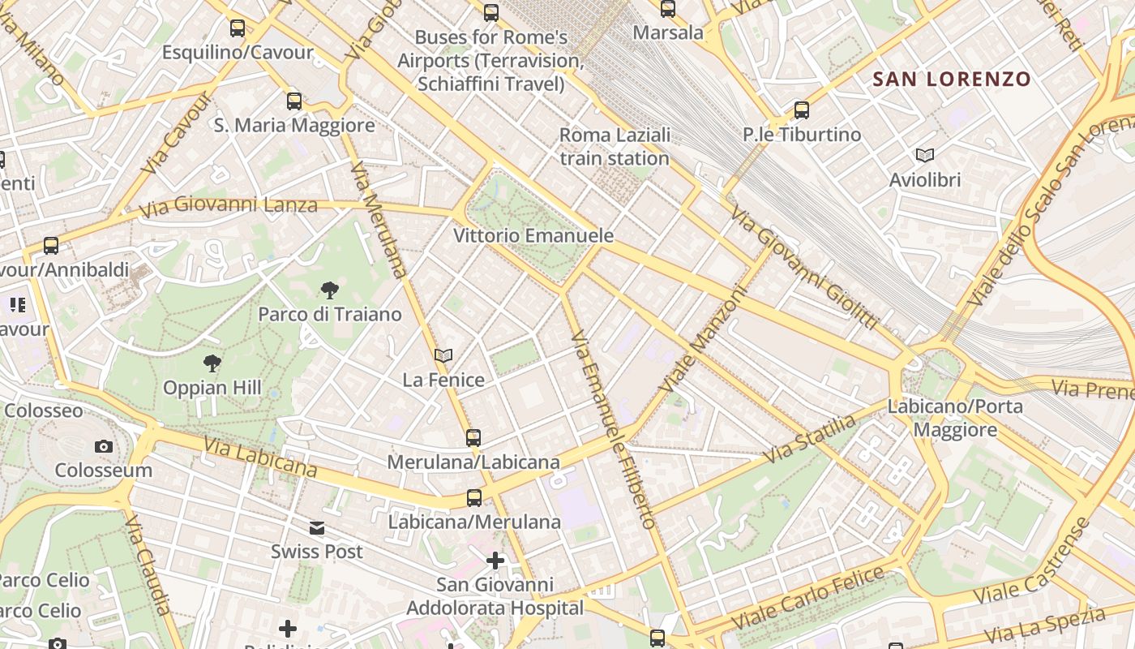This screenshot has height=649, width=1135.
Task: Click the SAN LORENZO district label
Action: pos(951,80)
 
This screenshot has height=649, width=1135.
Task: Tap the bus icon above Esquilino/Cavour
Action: pos(237,28)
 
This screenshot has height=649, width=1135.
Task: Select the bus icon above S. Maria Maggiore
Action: pos(294,101)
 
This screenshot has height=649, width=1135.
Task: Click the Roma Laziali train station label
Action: pos(615,146)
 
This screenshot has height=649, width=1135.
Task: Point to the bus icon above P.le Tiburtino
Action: pos(802,110)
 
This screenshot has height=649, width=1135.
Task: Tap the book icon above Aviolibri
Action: pos(924,155)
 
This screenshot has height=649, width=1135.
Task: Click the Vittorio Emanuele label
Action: pos(533,236)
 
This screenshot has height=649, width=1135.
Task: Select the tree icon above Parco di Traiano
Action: pos(329,290)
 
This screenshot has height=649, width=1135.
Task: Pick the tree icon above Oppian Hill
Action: pos(212,363)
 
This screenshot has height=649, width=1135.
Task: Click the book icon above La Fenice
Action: pos(443,355)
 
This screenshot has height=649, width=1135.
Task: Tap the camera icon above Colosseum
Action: pos(103,446)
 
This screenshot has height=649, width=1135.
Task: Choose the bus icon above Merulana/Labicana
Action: pos(473,438)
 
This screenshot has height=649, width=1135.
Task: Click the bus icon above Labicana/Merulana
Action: pos(474,497)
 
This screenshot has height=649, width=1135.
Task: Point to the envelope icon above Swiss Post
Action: pos(316,528)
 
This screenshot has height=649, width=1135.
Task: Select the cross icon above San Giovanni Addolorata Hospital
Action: pos(495,561)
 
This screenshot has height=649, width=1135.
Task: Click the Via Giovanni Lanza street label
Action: pos(228,206)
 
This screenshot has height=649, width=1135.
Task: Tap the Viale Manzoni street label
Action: pos(703,338)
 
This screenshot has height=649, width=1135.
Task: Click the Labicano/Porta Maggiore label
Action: pos(955,417)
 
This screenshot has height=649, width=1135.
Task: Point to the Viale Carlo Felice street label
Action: pos(807,599)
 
